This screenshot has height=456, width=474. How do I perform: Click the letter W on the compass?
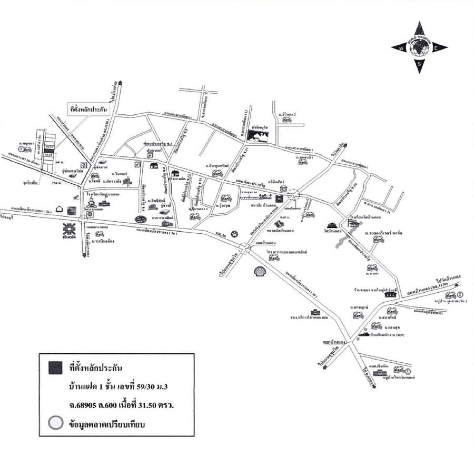click(x=402, y=47)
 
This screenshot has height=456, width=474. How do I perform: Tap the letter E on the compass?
click(x=436, y=48)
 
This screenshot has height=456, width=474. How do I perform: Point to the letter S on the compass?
click(x=419, y=64)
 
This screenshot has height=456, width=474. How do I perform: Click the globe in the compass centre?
click(x=419, y=47)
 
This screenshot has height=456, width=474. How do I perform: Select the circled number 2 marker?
click(x=460, y=294)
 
